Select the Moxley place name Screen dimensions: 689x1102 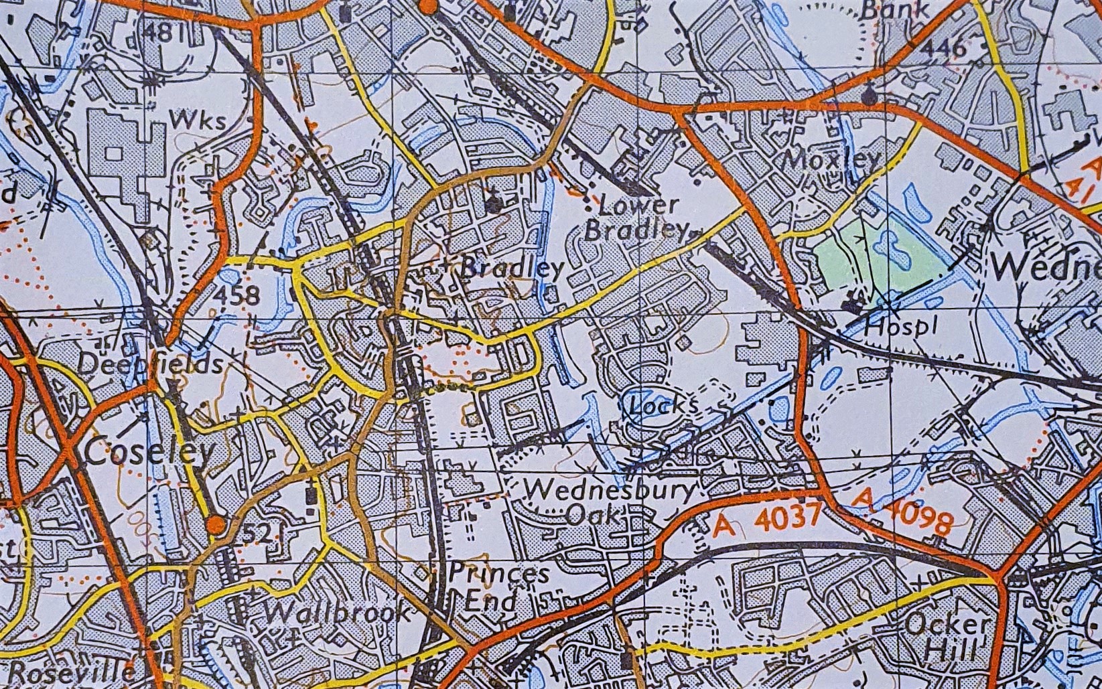click(831, 159)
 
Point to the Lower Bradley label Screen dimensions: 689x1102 click(636, 218)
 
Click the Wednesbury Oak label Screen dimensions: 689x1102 click(610, 502)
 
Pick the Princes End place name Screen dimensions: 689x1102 click(499, 587)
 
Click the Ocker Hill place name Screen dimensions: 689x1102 click(947, 637)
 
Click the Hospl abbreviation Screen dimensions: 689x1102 click(898, 328)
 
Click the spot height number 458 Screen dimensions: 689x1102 click(238, 295)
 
